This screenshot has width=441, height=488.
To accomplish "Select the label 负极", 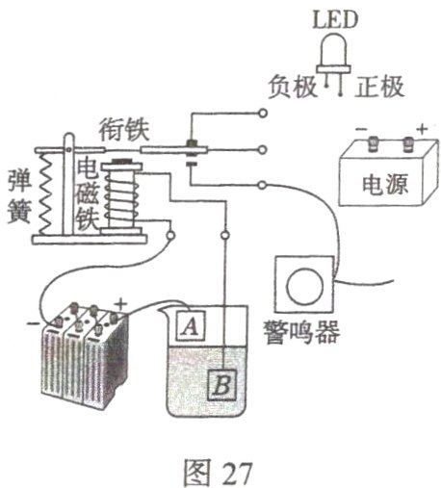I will [285, 85].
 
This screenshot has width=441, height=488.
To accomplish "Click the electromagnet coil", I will [122, 197].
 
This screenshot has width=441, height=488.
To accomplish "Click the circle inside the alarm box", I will [304, 286].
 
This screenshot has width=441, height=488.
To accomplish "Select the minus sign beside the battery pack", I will [36, 322].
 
